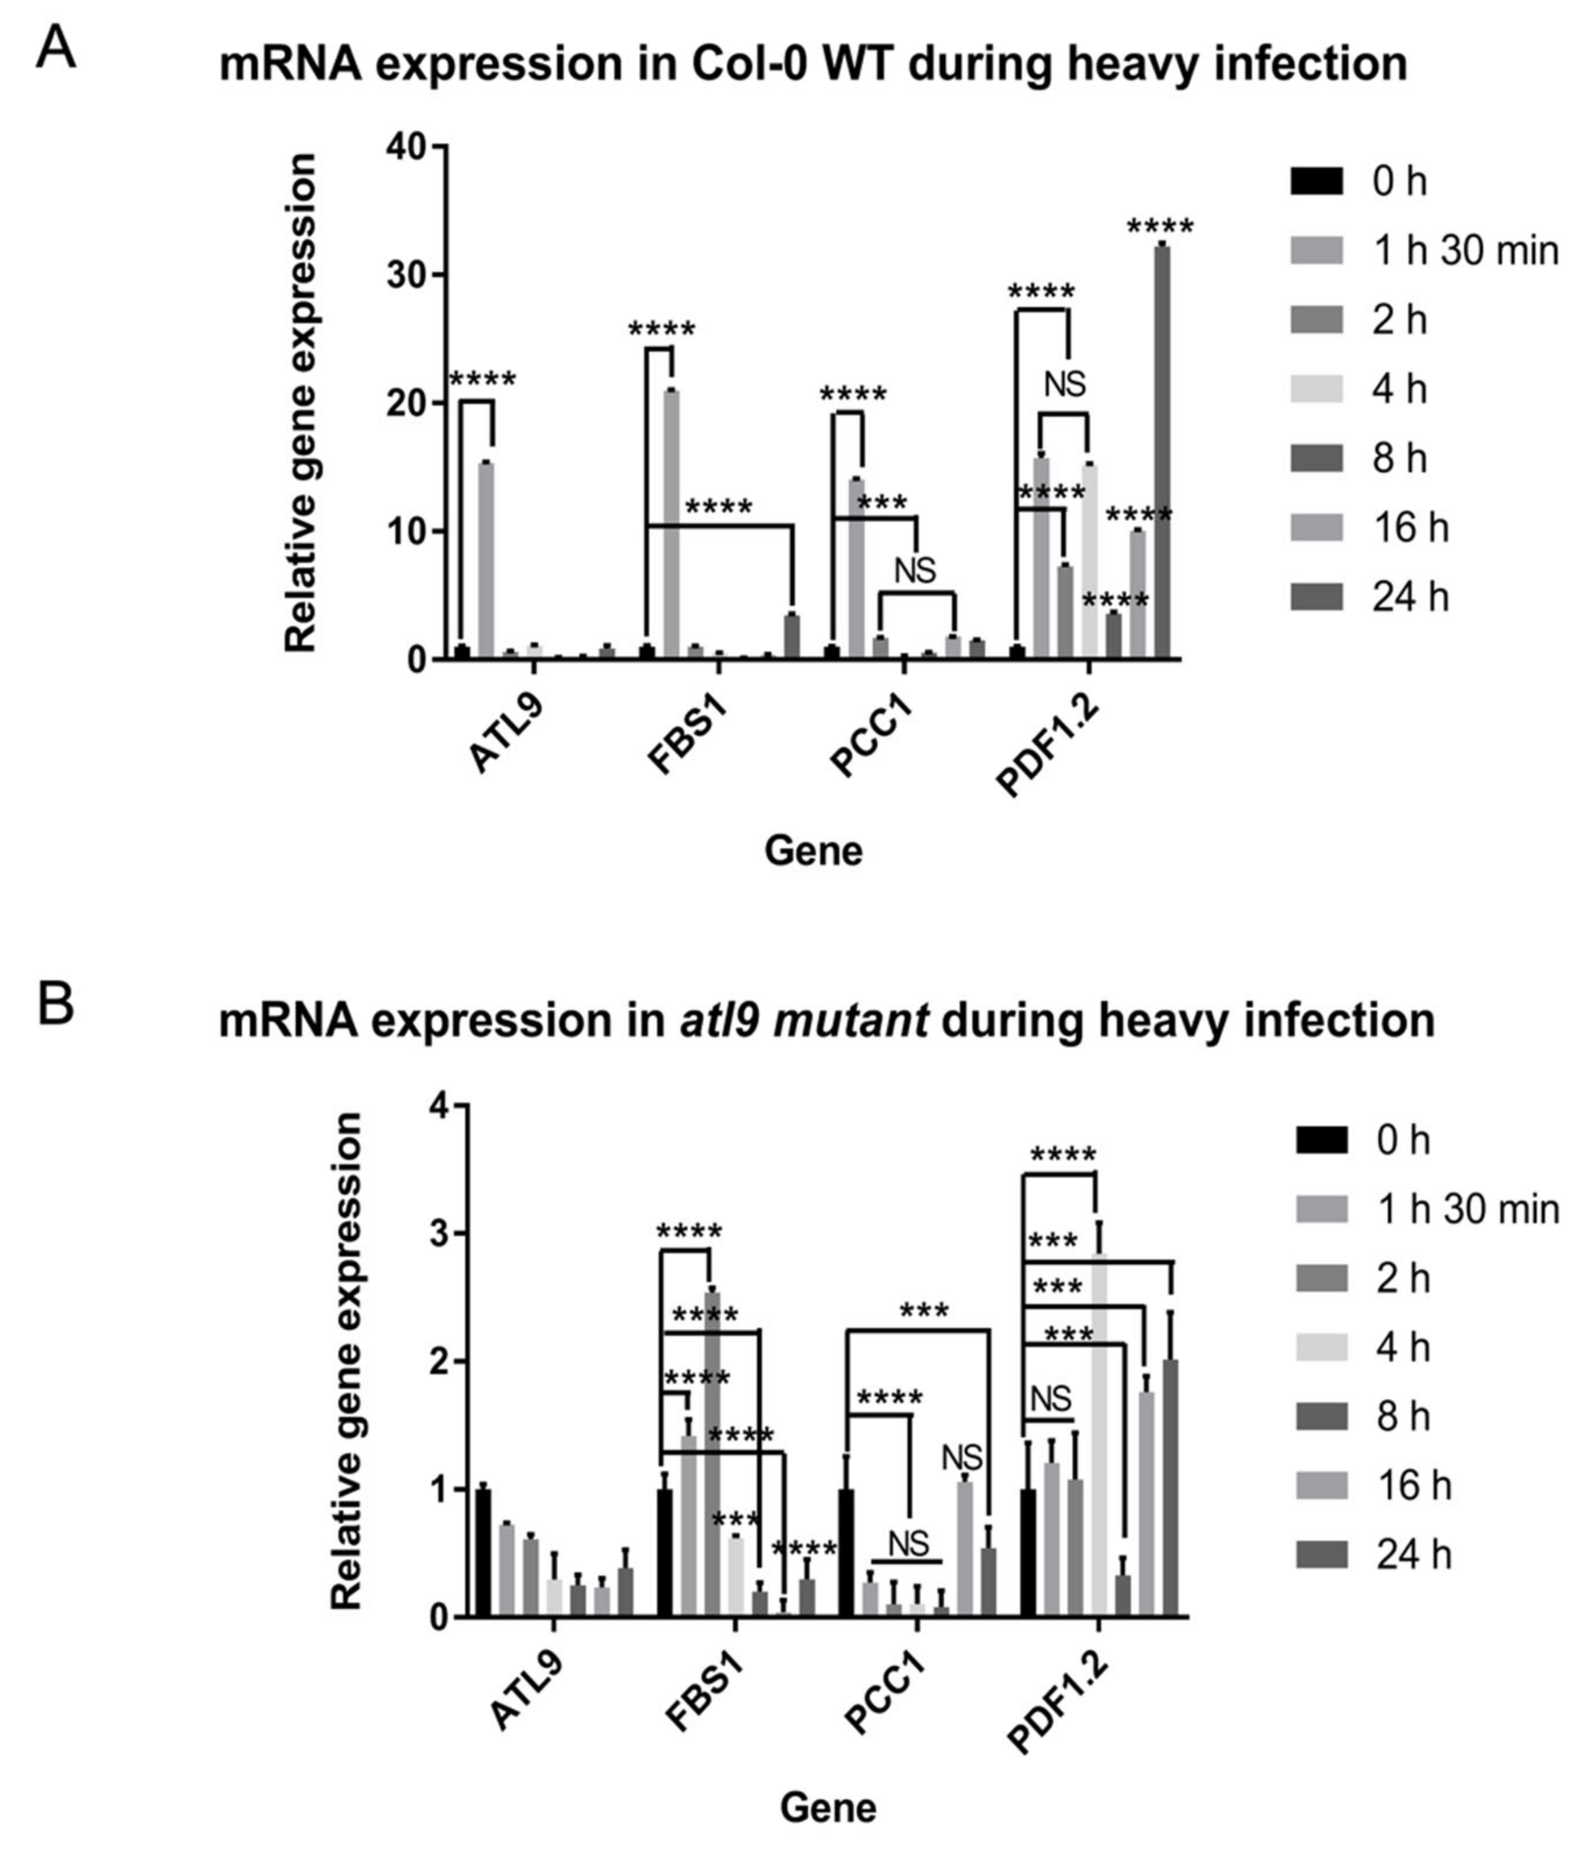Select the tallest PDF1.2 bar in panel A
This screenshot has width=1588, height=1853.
pyautogui.click(x=1161, y=451)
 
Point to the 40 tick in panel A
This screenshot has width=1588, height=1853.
pyautogui.click(x=407, y=146)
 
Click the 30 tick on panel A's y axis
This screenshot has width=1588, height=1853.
pyautogui.click(x=407, y=275)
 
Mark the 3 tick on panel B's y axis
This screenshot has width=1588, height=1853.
pyautogui.click(x=439, y=1233)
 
